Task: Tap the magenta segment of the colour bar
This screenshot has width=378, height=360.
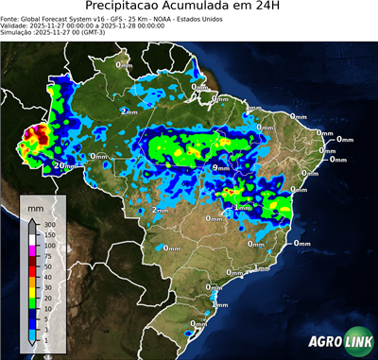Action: pos(33,250)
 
